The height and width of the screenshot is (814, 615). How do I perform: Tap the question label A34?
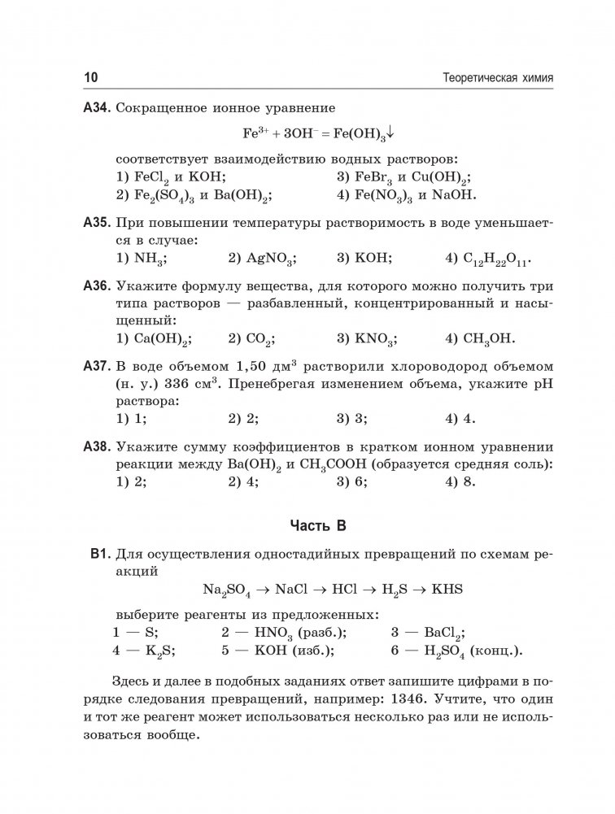(x=97, y=107)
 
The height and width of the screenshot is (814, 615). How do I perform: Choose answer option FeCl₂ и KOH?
(x=171, y=176)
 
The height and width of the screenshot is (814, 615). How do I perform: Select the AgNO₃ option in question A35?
(x=262, y=259)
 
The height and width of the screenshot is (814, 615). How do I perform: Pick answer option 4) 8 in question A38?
(x=460, y=481)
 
